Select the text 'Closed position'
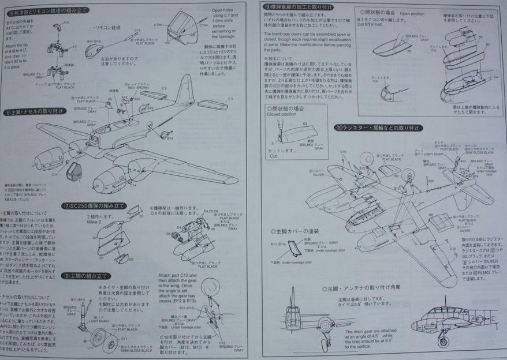tap(281, 114)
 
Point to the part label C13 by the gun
tap(137, 31)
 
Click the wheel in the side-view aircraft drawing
tap(443, 341)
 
